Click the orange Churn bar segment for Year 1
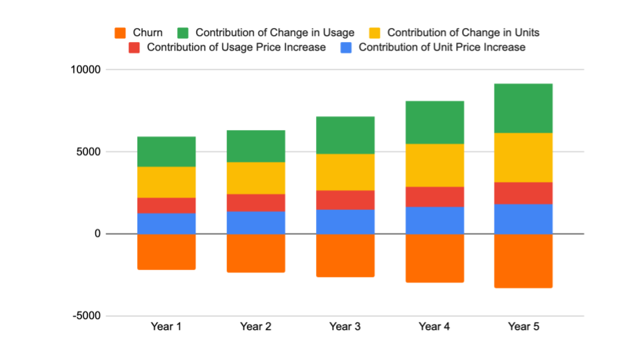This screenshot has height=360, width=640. [x=166, y=251]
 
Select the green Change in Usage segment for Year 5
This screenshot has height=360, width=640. [x=523, y=108]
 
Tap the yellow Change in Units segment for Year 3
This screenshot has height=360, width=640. [x=345, y=172]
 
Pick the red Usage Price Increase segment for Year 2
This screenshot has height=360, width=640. [x=255, y=203]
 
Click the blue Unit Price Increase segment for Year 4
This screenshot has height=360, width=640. [x=434, y=220]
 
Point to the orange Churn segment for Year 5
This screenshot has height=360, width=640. [x=523, y=261]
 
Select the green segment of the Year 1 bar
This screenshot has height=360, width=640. [x=166, y=151]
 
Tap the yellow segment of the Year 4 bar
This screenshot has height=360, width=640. [x=434, y=165]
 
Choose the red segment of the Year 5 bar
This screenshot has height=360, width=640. [x=523, y=193]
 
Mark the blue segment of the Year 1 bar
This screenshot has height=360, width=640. [x=166, y=223]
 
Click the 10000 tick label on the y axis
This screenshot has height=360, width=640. [x=85, y=70]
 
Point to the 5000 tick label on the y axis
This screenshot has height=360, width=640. [x=88, y=152]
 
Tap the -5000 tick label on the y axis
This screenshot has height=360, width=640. [x=86, y=316]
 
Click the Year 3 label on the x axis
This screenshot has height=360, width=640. [x=345, y=327]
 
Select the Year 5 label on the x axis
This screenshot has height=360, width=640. [x=523, y=327]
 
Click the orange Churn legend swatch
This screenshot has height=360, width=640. [x=120, y=33]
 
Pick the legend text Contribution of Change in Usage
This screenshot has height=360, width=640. [x=275, y=33]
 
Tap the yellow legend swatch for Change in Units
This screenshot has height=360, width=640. [x=374, y=33]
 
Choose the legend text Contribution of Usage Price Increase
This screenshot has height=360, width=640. [x=236, y=47]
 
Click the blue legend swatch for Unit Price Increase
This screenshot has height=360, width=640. [x=345, y=47]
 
